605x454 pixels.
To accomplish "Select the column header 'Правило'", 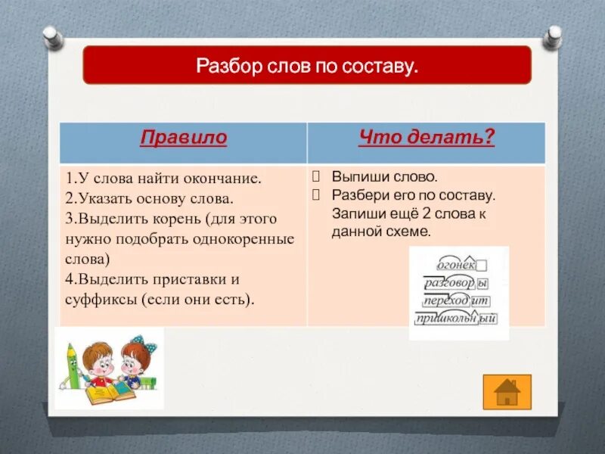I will (x=183, y=138).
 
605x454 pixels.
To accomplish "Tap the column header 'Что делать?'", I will (x=426, y=138).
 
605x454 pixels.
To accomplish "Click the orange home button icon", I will (x=507, y=391).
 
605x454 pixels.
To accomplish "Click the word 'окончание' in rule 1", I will (x=226, y=179).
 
